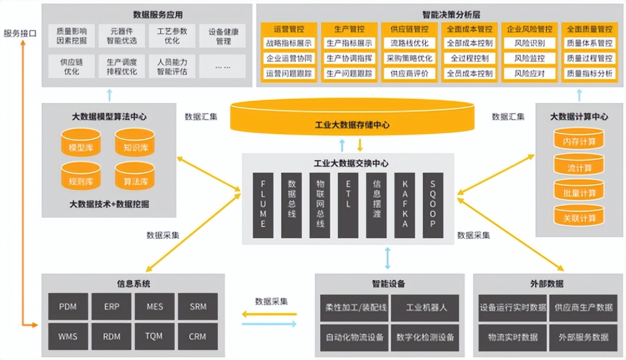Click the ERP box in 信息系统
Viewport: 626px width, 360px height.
tap(112, 307)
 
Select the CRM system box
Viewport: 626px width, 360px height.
tap(197, 337)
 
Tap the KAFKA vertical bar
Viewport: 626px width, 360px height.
tap(405, 205)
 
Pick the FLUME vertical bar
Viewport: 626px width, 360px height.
tap(263, 205)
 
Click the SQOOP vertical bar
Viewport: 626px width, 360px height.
tap(433, 205)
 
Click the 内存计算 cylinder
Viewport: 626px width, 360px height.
tap(578, 142)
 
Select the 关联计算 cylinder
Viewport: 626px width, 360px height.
tap(578, 218)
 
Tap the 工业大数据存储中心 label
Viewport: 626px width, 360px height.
tap(352, 125)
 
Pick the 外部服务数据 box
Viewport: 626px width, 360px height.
tap(583, 337)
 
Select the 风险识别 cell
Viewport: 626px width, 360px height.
tap(529, 43)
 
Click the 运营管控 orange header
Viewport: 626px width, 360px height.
tap(289, 29)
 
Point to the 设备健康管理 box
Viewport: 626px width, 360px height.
tap(223, 36)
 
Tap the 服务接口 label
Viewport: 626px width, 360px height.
tap(20, 34)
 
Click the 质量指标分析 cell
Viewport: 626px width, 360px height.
tap(589, 74)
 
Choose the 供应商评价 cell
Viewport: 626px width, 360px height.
tap(409, 74)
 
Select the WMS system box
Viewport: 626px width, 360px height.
tap(68, 337)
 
